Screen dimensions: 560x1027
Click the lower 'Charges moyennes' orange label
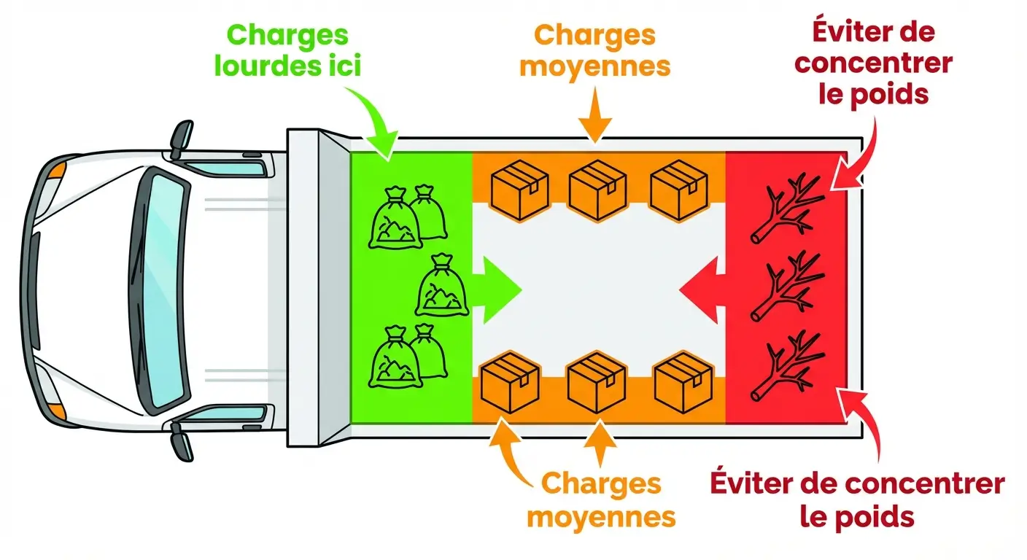pos(601,500)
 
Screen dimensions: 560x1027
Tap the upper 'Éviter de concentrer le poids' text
pos(873,63)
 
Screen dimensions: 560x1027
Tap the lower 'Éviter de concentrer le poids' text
pos(856,499)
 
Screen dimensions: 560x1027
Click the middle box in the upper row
pos(597,190)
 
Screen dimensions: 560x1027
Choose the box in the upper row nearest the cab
pos(520,190)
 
